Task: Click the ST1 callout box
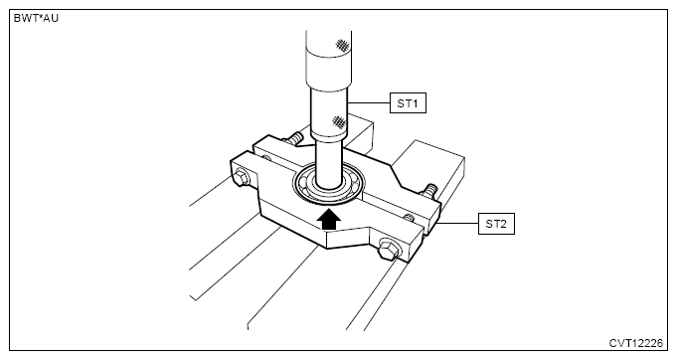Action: (x=408, y=103)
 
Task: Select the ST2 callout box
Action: (x=496, y=224)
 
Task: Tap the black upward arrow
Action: (x=329, y=219)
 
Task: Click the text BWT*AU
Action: (x=36, y=18)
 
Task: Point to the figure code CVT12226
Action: (x=635, y=343)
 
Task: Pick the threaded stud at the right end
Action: (x=428, y=191)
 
